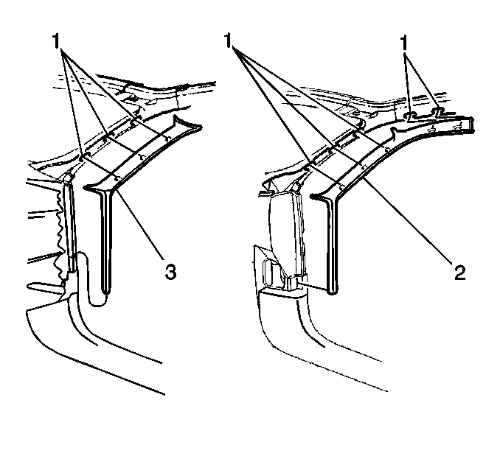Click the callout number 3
(170, 273)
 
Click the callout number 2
(460, 273)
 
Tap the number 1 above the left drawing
(56, 42)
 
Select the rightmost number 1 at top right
(404, 43)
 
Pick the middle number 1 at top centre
(228, 41)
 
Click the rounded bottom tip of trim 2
(332, 290)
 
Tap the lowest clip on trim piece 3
(118, 179)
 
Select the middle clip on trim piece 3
(142, 156)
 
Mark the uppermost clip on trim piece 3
(167, 138)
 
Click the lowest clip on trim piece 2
(341, 187)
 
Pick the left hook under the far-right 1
(411, 115)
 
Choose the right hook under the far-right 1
(439, 111)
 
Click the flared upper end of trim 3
(187, 124)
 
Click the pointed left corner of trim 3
(85, 188)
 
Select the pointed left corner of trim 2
(311, 196)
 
